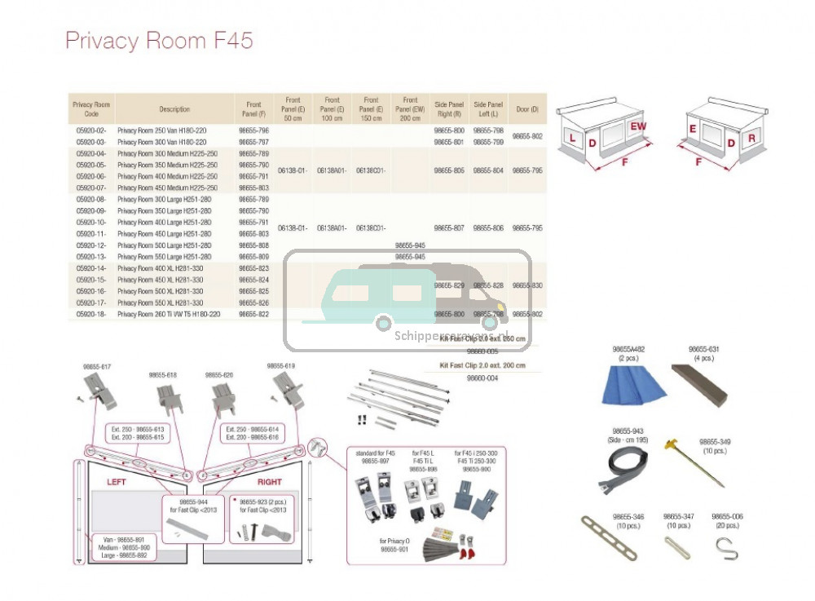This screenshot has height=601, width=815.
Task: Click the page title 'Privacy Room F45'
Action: (x=159, y=41)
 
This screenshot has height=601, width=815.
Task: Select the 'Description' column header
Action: (x=174, y=109)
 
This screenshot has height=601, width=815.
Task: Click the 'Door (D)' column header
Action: (x=527, y=109)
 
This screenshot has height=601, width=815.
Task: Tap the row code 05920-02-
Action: (x=91, y=130)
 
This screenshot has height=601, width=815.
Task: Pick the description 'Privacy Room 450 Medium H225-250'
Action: (x=167, y=188)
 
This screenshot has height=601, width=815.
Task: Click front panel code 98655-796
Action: (x=253, y=130)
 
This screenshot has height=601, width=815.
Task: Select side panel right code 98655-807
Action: (x=449, y=228)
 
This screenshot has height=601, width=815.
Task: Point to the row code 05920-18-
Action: (x=91, y=314)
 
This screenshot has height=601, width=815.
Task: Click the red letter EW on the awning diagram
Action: (x=637, y=126)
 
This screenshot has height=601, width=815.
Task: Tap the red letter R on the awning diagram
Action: (x=751, y=139)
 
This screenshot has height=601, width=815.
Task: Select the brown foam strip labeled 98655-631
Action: (x=699, y=385)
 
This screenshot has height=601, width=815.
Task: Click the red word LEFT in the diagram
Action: (x=117, y=482)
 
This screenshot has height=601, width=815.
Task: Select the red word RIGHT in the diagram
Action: (x=269, y=482)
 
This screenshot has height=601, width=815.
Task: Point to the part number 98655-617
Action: (x=97, y=367)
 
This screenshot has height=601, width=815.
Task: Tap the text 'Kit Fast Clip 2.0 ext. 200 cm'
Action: (x=482, y=365)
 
